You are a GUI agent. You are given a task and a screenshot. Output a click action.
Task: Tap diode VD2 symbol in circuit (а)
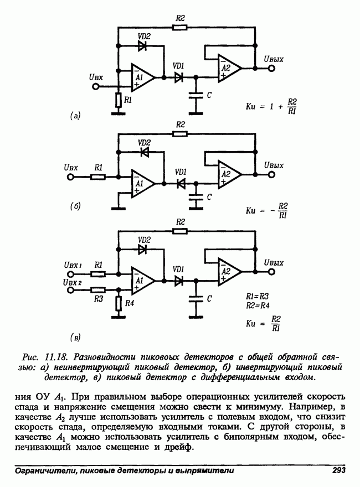click(x=142, y=46)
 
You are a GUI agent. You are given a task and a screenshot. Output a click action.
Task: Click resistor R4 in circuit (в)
click(x=118, y=303)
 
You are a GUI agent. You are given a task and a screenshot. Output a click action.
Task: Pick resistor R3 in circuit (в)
click(x=98, y=289)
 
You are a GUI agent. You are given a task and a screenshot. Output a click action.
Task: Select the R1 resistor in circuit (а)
click(x=118, y=100)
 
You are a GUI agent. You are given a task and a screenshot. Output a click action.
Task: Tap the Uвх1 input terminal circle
click(x=70, y=273)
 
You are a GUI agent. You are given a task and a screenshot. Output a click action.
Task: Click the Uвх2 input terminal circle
click(x=70, y=289)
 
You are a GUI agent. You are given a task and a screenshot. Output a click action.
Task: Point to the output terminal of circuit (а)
click(x=271, y=69)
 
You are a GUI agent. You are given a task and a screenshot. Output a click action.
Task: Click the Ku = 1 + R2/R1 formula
click(x=271, y=105)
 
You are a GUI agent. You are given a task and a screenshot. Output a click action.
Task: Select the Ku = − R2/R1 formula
click(x=268, y=210)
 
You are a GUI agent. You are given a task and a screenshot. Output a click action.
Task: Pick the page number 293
click(x=338, y=470)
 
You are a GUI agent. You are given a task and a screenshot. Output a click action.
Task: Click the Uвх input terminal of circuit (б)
click(x=70, y=177)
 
